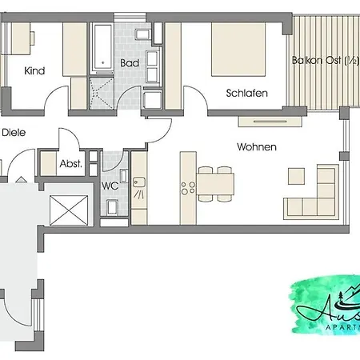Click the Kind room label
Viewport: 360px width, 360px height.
[x=34, y=70]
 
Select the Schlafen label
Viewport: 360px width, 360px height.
[x=246, y=94]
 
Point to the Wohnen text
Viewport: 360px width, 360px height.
[x=256, y=147]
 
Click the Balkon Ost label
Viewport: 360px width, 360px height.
[x=323, y=61]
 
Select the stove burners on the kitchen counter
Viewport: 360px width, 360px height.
[x=189, y=188]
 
